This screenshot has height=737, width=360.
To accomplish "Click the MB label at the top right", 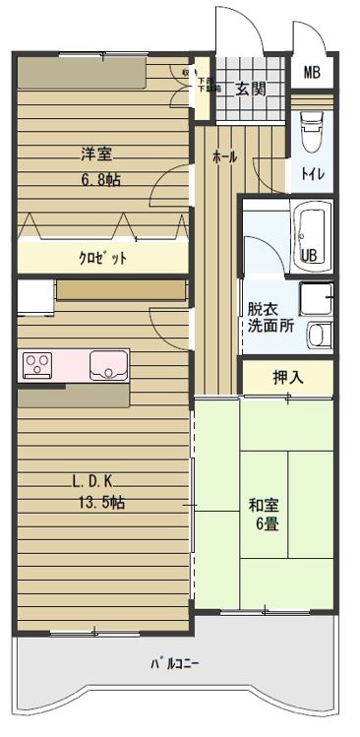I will point(312,73).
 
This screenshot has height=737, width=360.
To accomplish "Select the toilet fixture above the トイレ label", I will point(311,133).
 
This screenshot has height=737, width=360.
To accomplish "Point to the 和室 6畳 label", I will point(265,515).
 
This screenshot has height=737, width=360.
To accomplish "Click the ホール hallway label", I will point(224,156).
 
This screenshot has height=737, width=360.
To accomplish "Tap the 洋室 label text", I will point(95,154).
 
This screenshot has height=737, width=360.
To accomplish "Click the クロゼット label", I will point(103,258).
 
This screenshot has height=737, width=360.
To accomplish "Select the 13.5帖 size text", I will point(102,502).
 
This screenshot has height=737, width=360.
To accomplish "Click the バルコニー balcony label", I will point(175,664).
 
